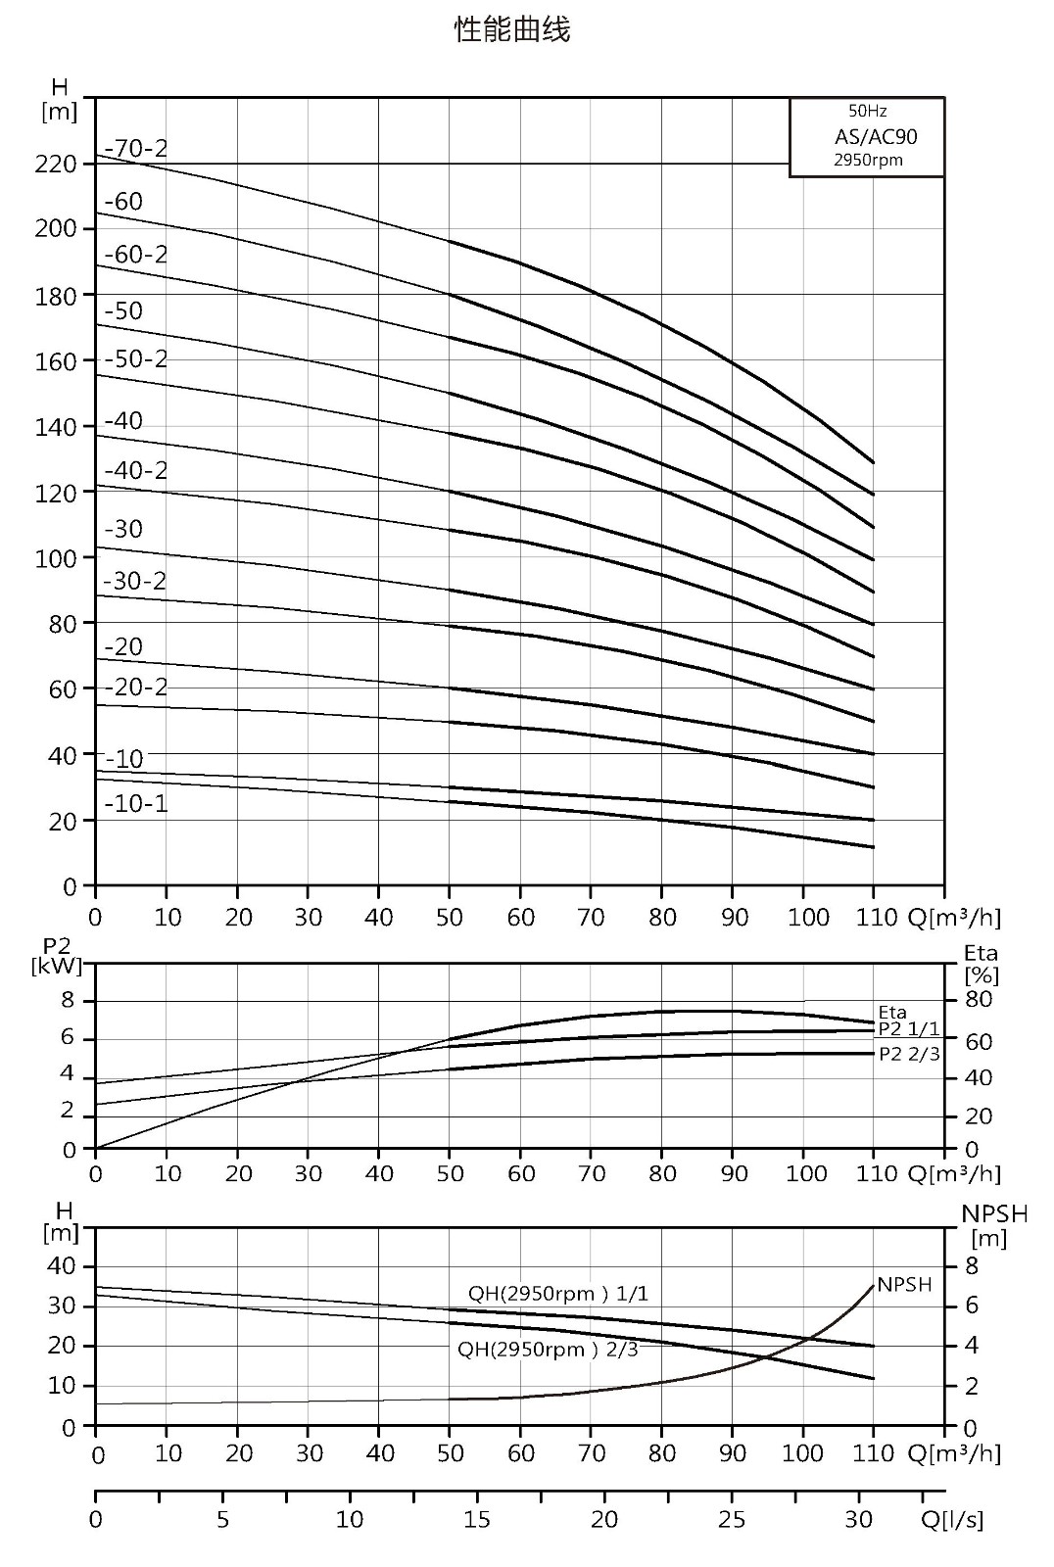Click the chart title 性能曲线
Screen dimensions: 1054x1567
point(512,29)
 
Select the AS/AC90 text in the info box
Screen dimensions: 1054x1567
point(876,136)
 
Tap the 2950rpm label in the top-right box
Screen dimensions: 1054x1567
point(868,161)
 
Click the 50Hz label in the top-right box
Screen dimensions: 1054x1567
point(868,111)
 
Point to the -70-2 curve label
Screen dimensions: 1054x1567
point(136,148)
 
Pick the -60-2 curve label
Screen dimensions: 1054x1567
point(136,254)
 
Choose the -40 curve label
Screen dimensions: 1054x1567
point(123,420)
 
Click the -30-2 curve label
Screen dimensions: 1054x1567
point(134,581)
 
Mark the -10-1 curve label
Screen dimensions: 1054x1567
point(136,803)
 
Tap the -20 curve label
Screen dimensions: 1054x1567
point(123,646)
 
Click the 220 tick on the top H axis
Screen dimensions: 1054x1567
point(55,165)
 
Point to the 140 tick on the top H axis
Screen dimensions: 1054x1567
point(55,427)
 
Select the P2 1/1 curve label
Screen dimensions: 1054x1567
point(909,1029)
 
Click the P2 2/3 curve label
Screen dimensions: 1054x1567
point(909,1054)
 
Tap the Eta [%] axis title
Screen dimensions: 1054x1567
point(982,964)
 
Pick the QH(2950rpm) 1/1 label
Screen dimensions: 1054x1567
point(557,1294)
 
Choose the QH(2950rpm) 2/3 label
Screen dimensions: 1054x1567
point(548,1349)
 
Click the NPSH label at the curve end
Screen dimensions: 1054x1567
point(904,1284)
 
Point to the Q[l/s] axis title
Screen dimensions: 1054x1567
point(953,1520)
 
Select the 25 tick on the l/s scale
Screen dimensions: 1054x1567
point(732,1519)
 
